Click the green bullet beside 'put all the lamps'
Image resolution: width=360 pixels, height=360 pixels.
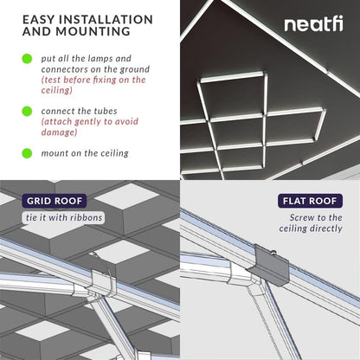[27, 60]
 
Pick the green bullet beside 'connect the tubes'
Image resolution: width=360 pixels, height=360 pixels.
[27, 111]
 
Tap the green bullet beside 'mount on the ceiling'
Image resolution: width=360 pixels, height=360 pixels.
[27, 153]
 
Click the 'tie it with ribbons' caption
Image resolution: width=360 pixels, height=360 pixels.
[62, 216]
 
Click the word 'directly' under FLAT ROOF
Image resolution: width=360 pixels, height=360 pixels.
[323, 228]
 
